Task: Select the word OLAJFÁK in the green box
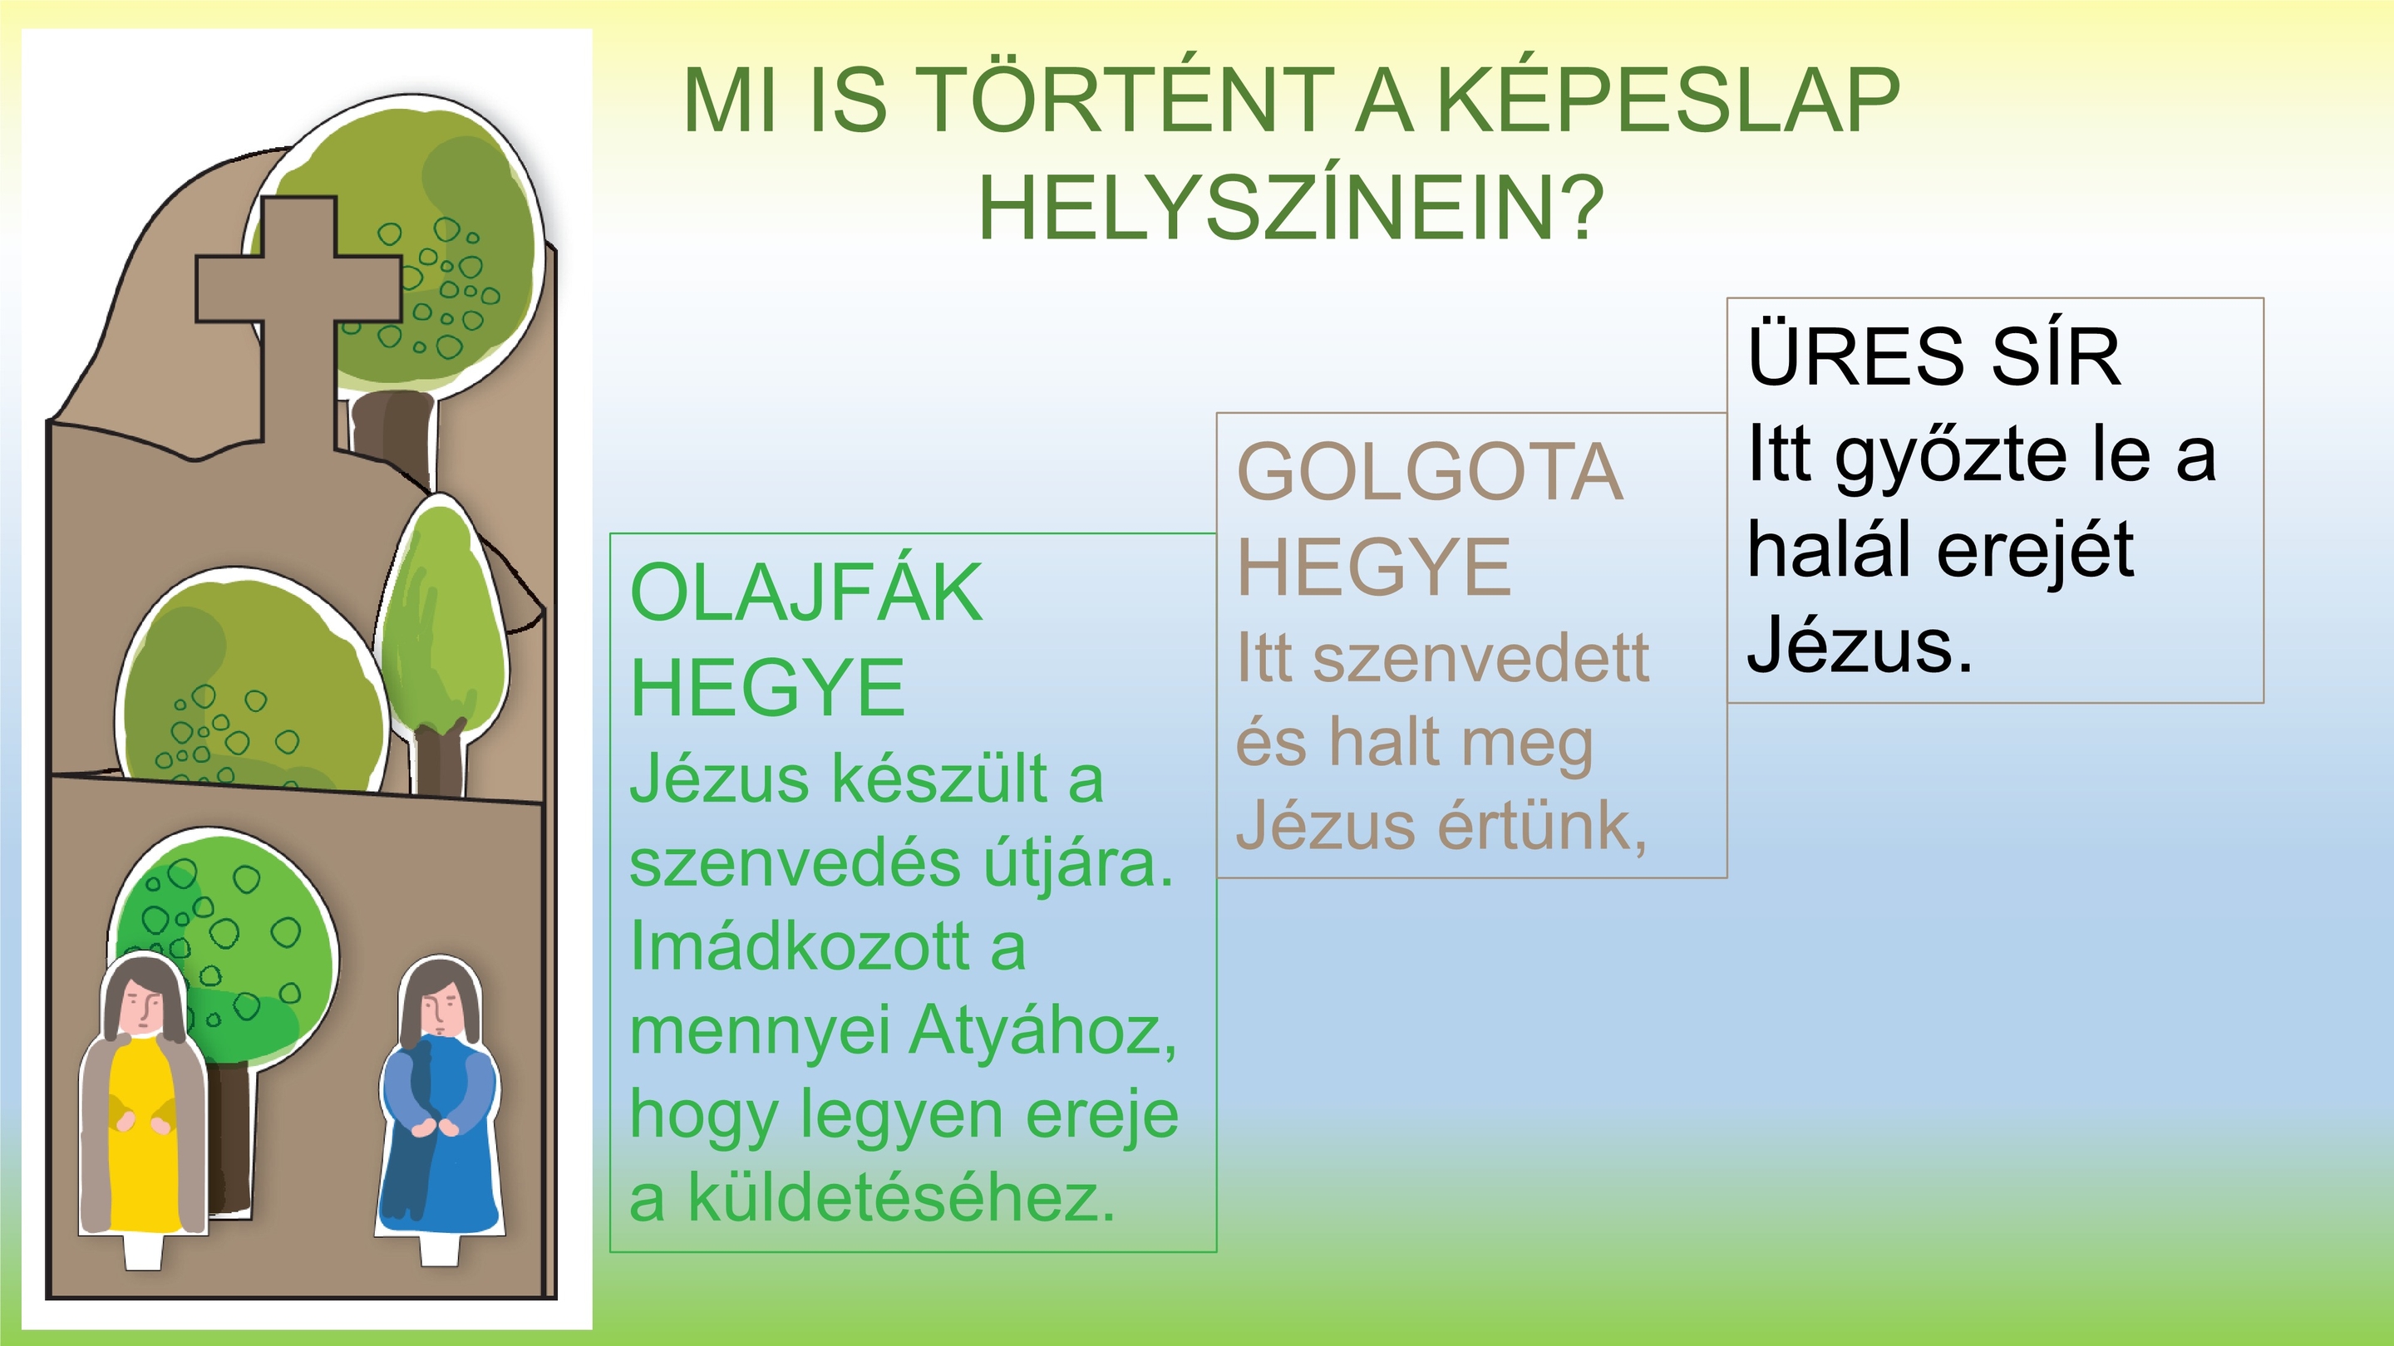pyautogui.click(x=805, y=592)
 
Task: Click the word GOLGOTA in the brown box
pyautogui.click(x=1430, y=472)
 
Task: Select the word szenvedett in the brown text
pyautogui.click(x=1481, y=659)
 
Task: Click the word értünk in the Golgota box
pyautogui.click(x=1543, y=824)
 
